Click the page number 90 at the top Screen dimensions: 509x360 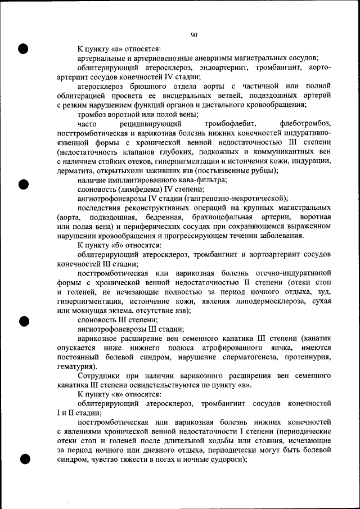click(x=193, y=35)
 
